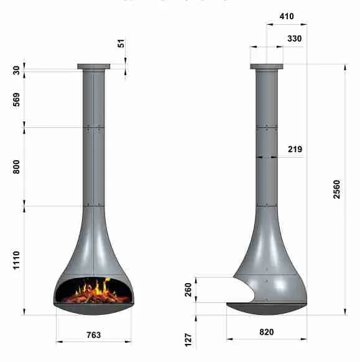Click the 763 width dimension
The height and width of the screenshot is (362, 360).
coord(94,335)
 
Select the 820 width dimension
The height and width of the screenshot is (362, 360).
coord(267,332)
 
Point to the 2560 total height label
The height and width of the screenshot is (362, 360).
coord(337,189)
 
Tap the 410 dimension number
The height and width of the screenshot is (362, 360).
coord(287,16)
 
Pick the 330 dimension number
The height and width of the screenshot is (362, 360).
coord(295,38)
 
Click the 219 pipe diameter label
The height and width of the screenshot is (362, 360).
coord(295,149)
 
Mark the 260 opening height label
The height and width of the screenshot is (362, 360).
coord(188,290)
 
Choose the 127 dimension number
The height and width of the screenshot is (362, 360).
coord(188,340)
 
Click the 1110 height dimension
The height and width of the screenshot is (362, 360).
coord(16,260)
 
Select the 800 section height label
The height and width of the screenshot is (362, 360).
coord(16,166)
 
